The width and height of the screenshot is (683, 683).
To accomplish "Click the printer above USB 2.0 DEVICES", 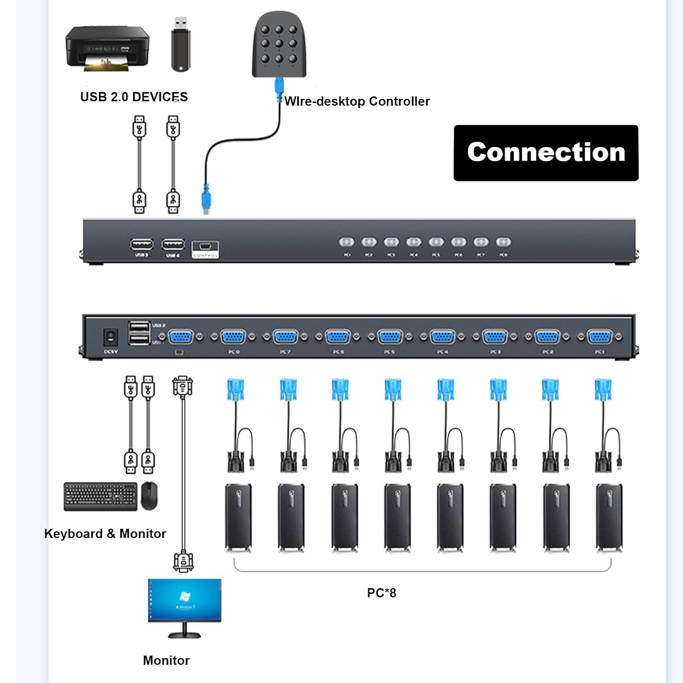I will (107, 48).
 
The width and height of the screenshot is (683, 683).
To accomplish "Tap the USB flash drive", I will (181, 44).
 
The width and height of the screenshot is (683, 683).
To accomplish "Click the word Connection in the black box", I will (546, 152).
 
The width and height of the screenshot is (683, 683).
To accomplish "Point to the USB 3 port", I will (142, 245).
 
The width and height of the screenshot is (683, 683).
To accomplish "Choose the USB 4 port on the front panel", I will (173, 245).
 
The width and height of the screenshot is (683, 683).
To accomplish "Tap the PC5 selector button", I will (436, 242).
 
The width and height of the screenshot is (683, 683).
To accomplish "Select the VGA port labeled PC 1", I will (600, 337).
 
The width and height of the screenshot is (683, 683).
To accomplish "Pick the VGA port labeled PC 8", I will (233, 337).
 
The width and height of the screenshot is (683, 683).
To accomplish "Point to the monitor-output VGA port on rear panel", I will (181, 337).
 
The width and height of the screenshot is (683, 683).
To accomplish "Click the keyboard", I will (100, 496).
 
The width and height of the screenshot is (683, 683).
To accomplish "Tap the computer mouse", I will (149, 495).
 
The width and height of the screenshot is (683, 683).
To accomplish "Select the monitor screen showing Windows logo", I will (184, 600).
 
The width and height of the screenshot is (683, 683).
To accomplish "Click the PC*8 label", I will (382, 593).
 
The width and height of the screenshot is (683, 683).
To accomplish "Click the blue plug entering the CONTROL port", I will (206, 199).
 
